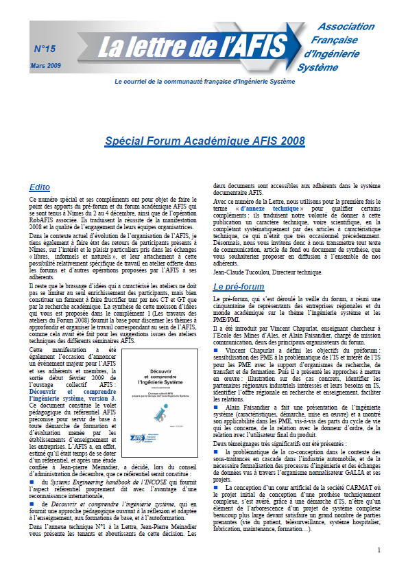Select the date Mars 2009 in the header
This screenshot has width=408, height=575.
tap(45, 64)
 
